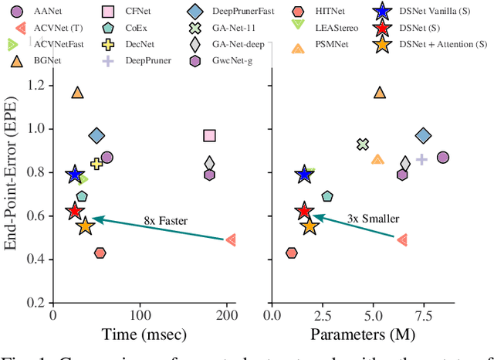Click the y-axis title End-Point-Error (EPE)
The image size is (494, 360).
[x=13, y=185]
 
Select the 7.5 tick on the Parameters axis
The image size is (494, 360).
[x=423, y=314]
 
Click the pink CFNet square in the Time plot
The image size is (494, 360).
[x=209, y=136]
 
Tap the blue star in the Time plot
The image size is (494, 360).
[x=74, y=175]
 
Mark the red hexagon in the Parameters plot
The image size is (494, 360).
[x=291, y=253]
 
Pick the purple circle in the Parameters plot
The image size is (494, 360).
[x=443, y=158]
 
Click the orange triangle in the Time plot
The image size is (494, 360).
[x=77, y=93]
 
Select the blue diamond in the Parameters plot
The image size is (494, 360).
[x=423, y=136]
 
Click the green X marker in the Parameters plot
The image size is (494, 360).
[x=363, y=144]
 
